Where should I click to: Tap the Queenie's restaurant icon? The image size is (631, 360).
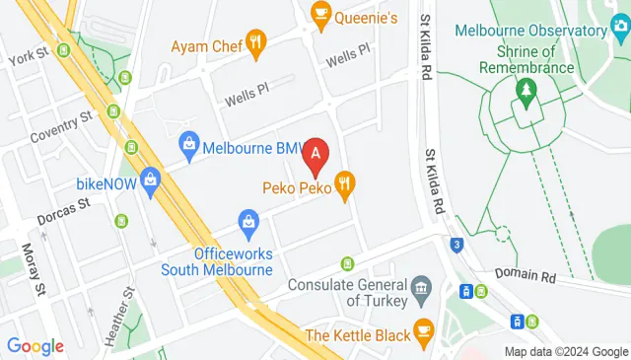pos(320,11)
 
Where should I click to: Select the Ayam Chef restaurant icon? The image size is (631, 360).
pos(256,41)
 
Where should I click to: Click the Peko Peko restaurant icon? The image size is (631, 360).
pos(344,182)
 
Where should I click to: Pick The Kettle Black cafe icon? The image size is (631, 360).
pos(424,329)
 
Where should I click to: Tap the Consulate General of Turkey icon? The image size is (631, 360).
pos(422,290)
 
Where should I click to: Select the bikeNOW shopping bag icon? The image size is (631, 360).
pos(149,179)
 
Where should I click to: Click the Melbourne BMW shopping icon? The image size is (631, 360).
pos(187,145)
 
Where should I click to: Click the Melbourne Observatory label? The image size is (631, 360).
pos(537,31)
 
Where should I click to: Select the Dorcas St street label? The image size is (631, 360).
pos(65,203)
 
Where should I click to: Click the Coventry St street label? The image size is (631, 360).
pos(60,122)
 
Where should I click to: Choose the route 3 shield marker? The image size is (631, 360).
pos(456,245)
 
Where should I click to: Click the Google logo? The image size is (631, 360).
pos(35,346)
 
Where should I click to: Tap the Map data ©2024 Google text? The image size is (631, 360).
pos(566,352)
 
